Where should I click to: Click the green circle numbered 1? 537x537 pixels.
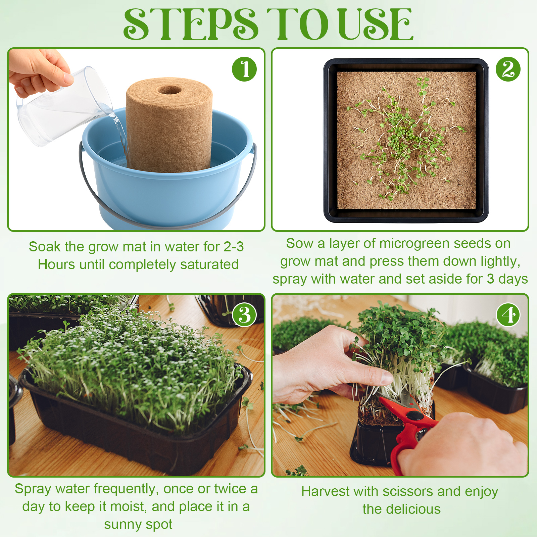click(244, 69)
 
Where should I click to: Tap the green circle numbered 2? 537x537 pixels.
click(508, 69)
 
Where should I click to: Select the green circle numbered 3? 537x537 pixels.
click(244, 315)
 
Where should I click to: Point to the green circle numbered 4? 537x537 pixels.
click(508, 315)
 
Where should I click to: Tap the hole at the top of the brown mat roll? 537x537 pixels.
click(169, 90)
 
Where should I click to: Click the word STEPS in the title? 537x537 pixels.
click(191, 24)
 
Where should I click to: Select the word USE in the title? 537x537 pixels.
click(376, 24)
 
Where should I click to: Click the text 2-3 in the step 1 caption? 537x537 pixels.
click(234, 247)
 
